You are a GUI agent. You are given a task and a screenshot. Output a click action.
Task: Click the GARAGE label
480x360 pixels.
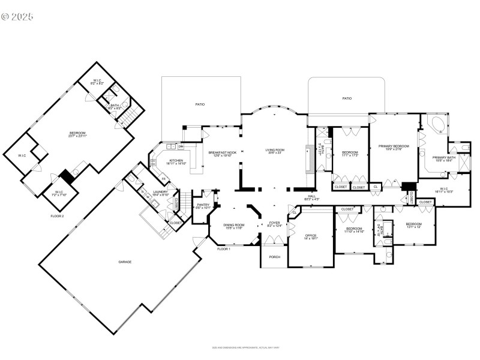pyautogui.click(x=125, y=262)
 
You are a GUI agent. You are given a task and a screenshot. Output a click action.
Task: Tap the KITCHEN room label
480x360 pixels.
pyautogui.click(x=176, y=161)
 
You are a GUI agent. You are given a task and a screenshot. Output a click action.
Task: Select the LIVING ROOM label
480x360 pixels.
pyautogui.click(x=275, y=150)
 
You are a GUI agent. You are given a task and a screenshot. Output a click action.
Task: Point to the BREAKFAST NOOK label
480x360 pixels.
pyautogui.click(x=223, y=153)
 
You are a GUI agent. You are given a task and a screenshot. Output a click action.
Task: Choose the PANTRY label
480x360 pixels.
pyautogui.click(x=203, y=206)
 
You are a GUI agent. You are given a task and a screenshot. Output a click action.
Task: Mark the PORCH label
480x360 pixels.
pyautogui.click(x=274, y=257)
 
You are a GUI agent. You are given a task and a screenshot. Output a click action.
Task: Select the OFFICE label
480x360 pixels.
pyautogui.click(x=311, y=235)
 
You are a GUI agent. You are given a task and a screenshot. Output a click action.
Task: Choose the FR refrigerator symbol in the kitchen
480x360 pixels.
pyautogui.click(x=163, y=179)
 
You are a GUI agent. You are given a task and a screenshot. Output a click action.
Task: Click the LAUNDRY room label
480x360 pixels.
pyautogui.click(x=160, y=193)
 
